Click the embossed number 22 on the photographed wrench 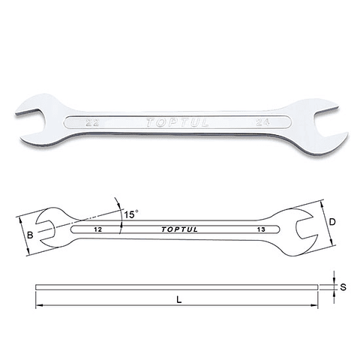point(92,123)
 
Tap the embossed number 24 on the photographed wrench point(262,122)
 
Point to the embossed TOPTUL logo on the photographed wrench point(177,122)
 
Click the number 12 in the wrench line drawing point(98,229)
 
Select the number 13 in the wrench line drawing point(261,229)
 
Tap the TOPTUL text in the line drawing point(179,229)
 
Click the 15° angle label point(131,214)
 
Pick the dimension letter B point(30,235)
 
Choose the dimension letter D point(332,222)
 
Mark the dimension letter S point(343,287)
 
